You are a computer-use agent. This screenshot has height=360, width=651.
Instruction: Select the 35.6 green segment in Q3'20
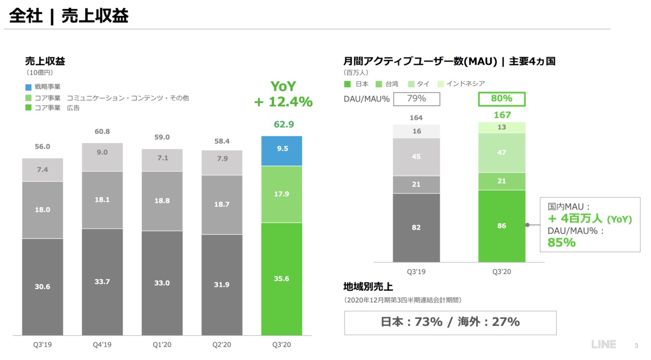point(281,279)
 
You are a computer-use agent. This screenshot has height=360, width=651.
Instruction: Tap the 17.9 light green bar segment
point(281,194)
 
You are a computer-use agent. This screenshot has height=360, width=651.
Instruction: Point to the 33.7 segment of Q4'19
point(102,282)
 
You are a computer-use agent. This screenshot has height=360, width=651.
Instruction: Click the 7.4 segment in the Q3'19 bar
point(42,170)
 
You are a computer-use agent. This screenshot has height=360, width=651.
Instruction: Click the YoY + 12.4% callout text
point(283,95)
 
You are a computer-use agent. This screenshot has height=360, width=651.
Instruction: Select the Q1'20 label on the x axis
point(162,345)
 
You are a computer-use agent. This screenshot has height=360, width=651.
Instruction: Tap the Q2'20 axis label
point(222,345)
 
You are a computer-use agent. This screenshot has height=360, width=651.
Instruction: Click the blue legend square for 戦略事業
point(28,87)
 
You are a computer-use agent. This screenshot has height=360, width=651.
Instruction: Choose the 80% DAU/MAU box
point(501,99)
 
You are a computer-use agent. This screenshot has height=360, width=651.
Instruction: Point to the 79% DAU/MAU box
point(416,99)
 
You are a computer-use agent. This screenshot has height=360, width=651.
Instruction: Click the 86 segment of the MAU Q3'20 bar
point(501,226)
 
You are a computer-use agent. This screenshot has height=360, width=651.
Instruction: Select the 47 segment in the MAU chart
point(501,153)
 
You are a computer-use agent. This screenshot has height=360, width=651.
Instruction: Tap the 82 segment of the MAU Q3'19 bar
point(416,227)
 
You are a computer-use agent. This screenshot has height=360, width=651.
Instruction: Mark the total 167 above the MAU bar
point(501,115)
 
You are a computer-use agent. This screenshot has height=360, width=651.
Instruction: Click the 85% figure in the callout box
point(561,243)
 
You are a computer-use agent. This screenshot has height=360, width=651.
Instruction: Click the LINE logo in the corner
point(604,344)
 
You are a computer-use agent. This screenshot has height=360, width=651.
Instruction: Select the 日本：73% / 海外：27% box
point(450,322)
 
